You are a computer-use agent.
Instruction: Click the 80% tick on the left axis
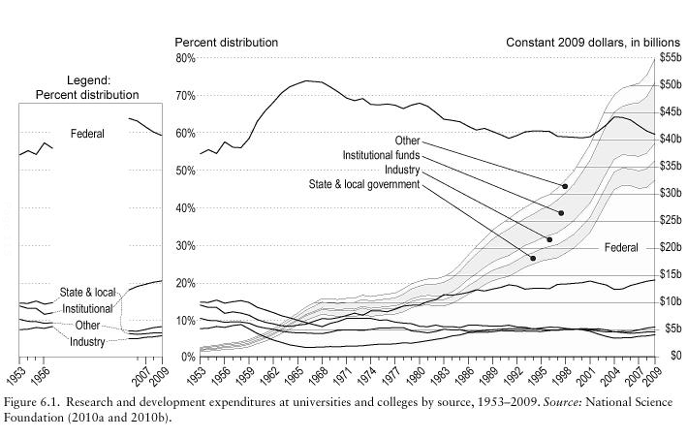[184, 58]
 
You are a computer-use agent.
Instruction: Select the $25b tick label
[671, 221]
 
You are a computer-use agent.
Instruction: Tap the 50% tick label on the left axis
[184, 171]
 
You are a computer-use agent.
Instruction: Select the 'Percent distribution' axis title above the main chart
[226, 43]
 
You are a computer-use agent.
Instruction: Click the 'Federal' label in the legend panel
[88, 133]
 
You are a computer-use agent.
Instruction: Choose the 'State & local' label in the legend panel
[87, 292]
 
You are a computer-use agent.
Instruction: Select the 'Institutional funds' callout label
[381, 155]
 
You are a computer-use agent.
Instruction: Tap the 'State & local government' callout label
[363, 183]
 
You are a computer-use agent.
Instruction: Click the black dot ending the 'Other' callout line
[565, 186]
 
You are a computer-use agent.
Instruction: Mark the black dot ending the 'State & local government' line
[533, 259]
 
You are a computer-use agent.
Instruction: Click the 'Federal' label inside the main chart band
[620, 248]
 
